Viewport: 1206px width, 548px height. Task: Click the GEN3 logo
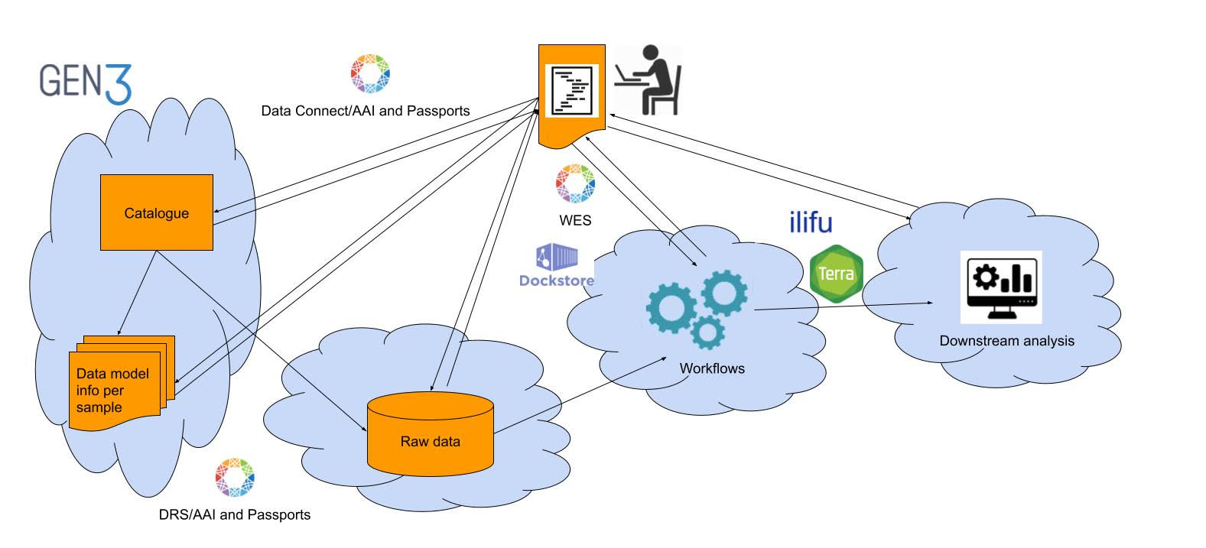click(x=86, y=83)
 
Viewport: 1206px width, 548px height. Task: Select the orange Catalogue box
click(x=157, y=212)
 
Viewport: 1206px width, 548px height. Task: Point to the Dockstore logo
click(x=557, y=267)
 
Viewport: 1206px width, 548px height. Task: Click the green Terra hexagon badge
click(x=836, y=273)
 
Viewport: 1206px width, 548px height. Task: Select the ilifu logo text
click(x=811, y=222)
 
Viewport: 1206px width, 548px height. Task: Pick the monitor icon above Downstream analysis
click(x=1001, y=287)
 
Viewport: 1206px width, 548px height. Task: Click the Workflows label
click(x=712, y=368)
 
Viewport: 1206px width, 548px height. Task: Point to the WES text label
click(x=575, y=220)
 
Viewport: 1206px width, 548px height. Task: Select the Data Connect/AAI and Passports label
click(x=366, y=111)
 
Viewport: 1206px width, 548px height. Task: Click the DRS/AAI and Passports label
click(x=235, y=514)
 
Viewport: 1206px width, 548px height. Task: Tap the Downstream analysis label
click(x=1006, y=341)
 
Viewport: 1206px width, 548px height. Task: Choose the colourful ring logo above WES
click(x=575, y=184)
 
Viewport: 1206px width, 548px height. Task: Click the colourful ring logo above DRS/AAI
click(x=235, y=478)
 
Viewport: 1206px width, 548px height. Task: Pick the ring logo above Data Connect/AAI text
click(x=370, y=74)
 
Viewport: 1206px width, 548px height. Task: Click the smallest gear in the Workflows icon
click(x=707, y=333)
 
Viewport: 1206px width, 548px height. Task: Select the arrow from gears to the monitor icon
click(x=841, y=306)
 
